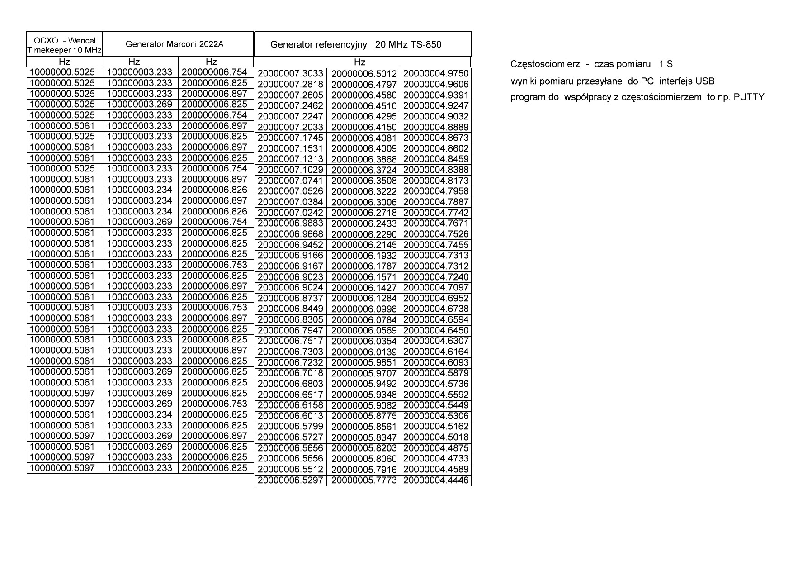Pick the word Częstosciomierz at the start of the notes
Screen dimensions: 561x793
pyautogui.click(x=545, y=64)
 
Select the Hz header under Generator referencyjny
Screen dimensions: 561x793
pyautogui.click(x=360, y=62)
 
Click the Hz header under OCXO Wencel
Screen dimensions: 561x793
pyautogui.click(x=65, y=62)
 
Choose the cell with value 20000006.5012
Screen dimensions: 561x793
pyautogui.click(x=363, y=74)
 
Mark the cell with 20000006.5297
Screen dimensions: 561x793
pyautogui.click(x=291, y=480)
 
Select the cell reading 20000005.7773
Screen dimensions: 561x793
pyautogui.click(x=363, y=480)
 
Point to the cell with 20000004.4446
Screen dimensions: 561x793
pyautogui.click(x=436, y=480)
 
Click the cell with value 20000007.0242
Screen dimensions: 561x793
pyautogui.click(x=291, y=213)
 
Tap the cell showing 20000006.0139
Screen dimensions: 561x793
pyautogui.click(x=363, y=352)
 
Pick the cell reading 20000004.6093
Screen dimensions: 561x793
pyautogui.click(x=436, y=362)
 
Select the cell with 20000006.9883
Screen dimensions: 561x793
pyautogui.click(x=291, y=223)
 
